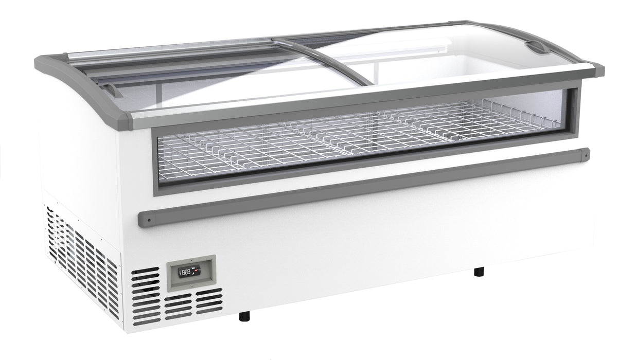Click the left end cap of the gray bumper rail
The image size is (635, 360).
point(145,220)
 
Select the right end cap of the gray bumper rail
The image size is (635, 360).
point(585,153)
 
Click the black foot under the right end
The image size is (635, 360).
point(479,271)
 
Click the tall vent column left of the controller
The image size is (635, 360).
point(146,296)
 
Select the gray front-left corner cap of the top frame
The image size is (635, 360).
point(124,121)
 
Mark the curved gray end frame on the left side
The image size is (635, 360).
point(77,82)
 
